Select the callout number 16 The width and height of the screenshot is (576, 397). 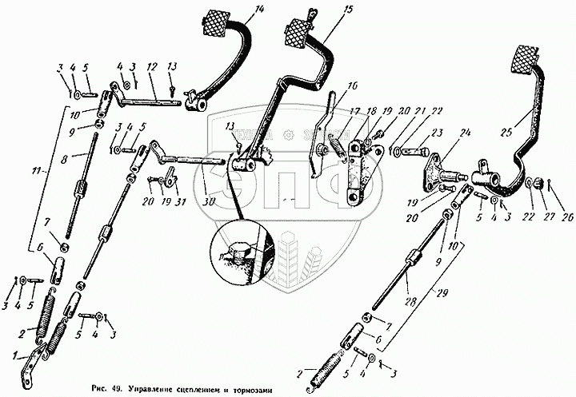[x=353, y=85]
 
